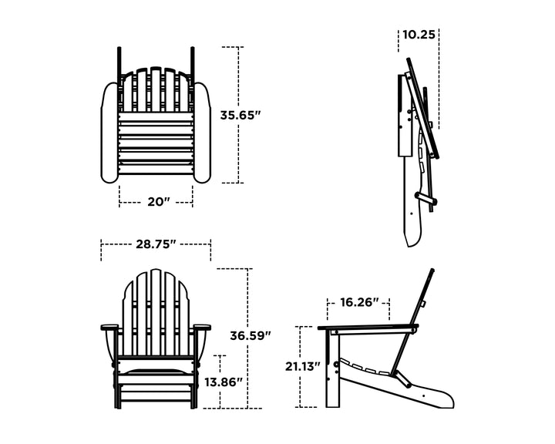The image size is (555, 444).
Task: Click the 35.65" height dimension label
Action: tap(240, 115)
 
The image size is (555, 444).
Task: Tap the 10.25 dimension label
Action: tap(419, 35)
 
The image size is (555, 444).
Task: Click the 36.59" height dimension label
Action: tap(251, 335)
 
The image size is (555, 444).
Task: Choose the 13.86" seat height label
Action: tap(224, 382)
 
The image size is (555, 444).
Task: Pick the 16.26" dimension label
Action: tap(358, 303)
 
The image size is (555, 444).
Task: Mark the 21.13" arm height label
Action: tap(302, 366)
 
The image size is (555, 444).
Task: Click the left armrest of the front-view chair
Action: tap(110, 328)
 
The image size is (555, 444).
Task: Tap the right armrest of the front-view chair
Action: tap(201, 328)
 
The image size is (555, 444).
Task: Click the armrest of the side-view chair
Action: tap(366, 329)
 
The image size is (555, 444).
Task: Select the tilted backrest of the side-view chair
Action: tap(416, 316)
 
